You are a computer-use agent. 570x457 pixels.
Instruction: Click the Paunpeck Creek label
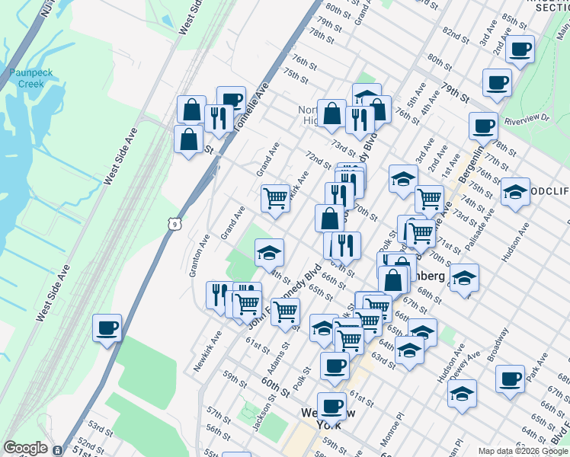tap(26, 78)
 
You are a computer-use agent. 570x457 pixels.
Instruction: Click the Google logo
tap(25, 448)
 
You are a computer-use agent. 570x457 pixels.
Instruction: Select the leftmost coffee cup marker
tap(107, 329)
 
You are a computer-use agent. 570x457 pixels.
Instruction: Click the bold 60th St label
tap(275, 386)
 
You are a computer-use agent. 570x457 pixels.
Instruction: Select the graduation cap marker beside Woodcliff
tap(516, 193)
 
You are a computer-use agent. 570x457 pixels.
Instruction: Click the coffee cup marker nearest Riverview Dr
tap(482, 126)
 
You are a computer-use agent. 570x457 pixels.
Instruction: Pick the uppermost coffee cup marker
tap(520, 50)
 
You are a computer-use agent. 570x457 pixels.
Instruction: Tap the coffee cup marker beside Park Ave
tap(510, 379)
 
